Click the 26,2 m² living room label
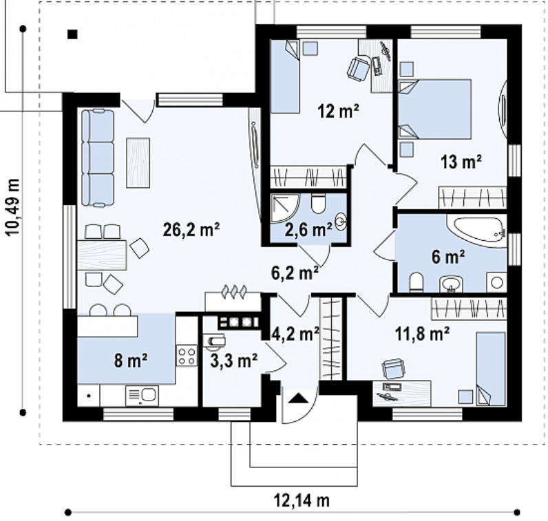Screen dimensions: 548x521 click(x=191, y=230)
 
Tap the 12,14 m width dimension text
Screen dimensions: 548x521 click(x=302, y=501)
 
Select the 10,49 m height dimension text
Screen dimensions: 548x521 click(x=13, y=207)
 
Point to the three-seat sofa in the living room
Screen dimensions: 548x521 click(x=98, y=157)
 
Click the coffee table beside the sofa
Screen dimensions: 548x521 click(x=138, y=163)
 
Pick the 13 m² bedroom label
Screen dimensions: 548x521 click(x=461, y=162)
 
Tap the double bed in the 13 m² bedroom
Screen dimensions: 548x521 click(x=435, y=109)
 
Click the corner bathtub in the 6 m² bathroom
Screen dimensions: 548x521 click(x=476, y=231)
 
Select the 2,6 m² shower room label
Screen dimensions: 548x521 click(x=308, y=230)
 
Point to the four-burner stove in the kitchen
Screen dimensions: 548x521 click(x=187, y=355)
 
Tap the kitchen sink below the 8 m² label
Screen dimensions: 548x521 click(x=143, y=395)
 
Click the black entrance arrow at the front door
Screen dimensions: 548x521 click(x=296, y=398)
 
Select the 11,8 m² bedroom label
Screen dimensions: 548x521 click(x=422, y=334)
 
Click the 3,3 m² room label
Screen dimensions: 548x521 click(x=234, y=361)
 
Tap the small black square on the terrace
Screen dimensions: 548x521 click(x=72, y=34)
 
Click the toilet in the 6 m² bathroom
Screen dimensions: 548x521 click(x=416, y=281)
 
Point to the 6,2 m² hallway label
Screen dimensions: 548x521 click(x=295, y=273)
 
